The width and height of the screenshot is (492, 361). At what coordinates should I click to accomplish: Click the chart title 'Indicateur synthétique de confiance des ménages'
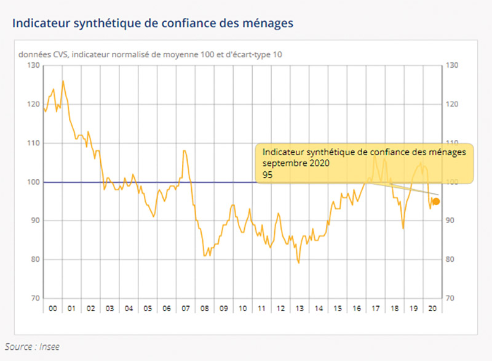click(153, 23)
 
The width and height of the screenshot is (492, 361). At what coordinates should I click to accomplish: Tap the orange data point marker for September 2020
click(436, 201)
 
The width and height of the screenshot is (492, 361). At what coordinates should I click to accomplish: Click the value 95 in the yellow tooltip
click(268, 175)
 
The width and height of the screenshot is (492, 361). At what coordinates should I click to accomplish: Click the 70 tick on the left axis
click(34, 298)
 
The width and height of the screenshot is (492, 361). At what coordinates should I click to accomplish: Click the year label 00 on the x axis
click(52, 308)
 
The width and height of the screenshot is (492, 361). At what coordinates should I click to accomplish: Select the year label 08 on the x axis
click(204, 308)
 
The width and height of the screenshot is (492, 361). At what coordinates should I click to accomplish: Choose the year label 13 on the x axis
click(300, 308)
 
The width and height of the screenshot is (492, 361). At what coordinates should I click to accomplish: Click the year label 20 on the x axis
click(432, 308)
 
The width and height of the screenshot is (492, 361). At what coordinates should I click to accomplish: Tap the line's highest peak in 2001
click(63, 81)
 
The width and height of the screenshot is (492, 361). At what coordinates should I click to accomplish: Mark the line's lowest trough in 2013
click(299, 263)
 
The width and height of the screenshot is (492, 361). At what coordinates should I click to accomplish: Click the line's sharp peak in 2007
click(184, 150)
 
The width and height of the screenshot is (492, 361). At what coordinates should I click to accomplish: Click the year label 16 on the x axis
click(357, 308)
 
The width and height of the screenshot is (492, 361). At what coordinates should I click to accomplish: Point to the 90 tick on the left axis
click(34, 221)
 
